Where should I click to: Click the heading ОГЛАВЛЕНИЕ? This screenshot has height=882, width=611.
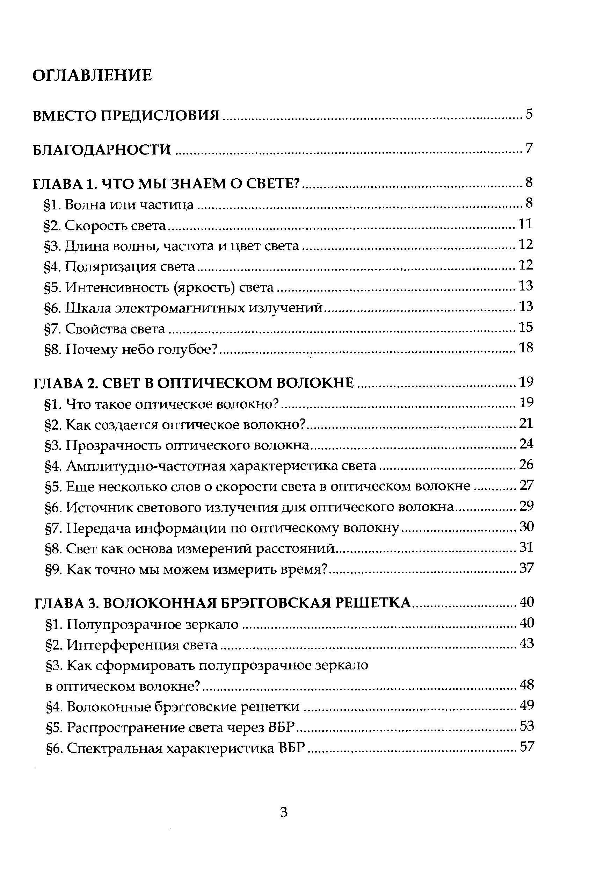[92, 76]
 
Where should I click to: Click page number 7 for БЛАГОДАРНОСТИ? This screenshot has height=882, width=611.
[529, 148]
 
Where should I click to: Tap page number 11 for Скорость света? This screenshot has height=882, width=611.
[525, 224]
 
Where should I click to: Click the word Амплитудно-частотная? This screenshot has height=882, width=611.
[147, 466]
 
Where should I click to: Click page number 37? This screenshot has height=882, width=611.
[526, 568]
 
